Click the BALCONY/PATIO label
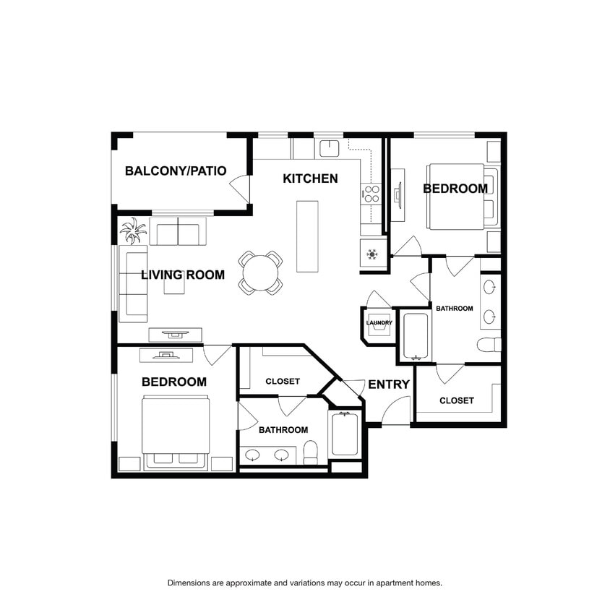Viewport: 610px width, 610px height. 176,171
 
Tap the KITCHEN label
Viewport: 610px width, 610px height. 310,179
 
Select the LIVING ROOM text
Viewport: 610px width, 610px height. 183,275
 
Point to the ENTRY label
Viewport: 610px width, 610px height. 389,385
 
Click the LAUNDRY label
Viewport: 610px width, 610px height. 379,322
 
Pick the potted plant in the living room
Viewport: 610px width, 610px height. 134,231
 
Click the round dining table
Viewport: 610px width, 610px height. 261,272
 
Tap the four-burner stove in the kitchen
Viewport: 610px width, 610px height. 371,194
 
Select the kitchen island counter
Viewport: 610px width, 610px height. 307,236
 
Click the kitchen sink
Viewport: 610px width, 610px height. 330,149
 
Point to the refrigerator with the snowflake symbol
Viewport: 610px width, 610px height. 373,253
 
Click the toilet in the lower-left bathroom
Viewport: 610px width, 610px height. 310,452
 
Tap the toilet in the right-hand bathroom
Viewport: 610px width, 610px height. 489,345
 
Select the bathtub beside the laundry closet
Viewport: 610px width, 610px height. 416,336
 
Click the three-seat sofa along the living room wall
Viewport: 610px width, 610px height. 133,284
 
